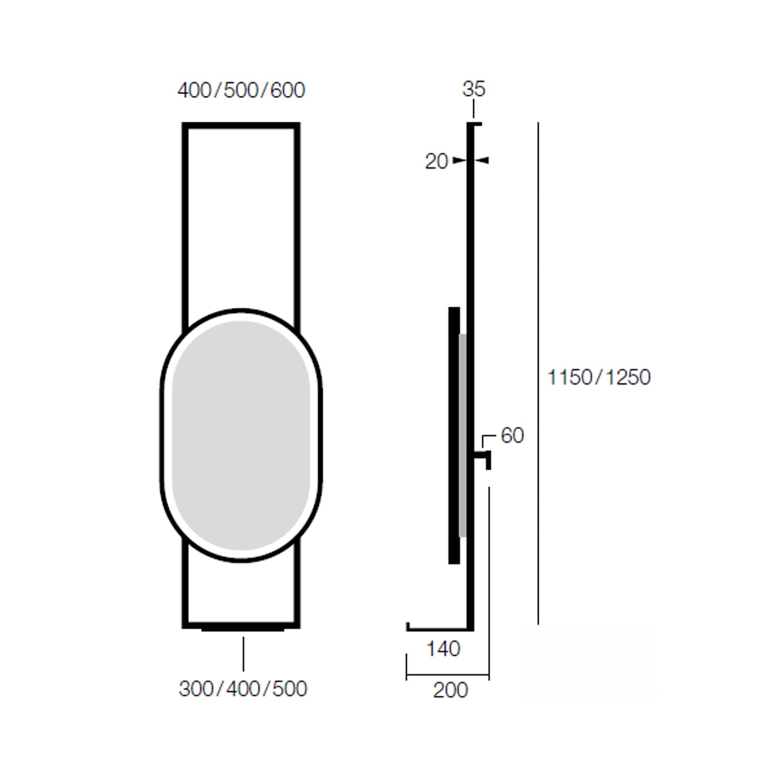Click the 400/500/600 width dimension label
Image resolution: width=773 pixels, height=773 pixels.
241,90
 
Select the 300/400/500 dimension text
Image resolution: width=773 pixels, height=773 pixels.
243,689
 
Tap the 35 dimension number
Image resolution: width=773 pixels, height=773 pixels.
473,89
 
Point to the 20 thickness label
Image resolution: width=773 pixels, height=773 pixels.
436,162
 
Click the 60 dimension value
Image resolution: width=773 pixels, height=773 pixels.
512,435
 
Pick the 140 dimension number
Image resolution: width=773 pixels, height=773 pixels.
443,649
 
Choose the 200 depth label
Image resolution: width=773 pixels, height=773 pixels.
450,690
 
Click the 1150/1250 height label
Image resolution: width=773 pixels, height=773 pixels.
599,377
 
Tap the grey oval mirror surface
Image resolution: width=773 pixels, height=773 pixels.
241,435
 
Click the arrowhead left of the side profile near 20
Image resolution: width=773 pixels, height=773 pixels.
460,160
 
